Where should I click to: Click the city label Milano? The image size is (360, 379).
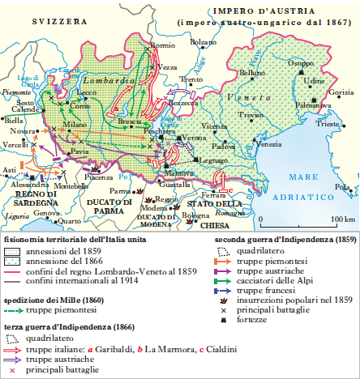pyautogui.click(x=75, y=124)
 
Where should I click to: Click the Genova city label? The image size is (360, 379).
pyautogui.click(x=46, y=212)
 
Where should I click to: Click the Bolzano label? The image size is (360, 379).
pyautogui.click(x=204, y=40)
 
